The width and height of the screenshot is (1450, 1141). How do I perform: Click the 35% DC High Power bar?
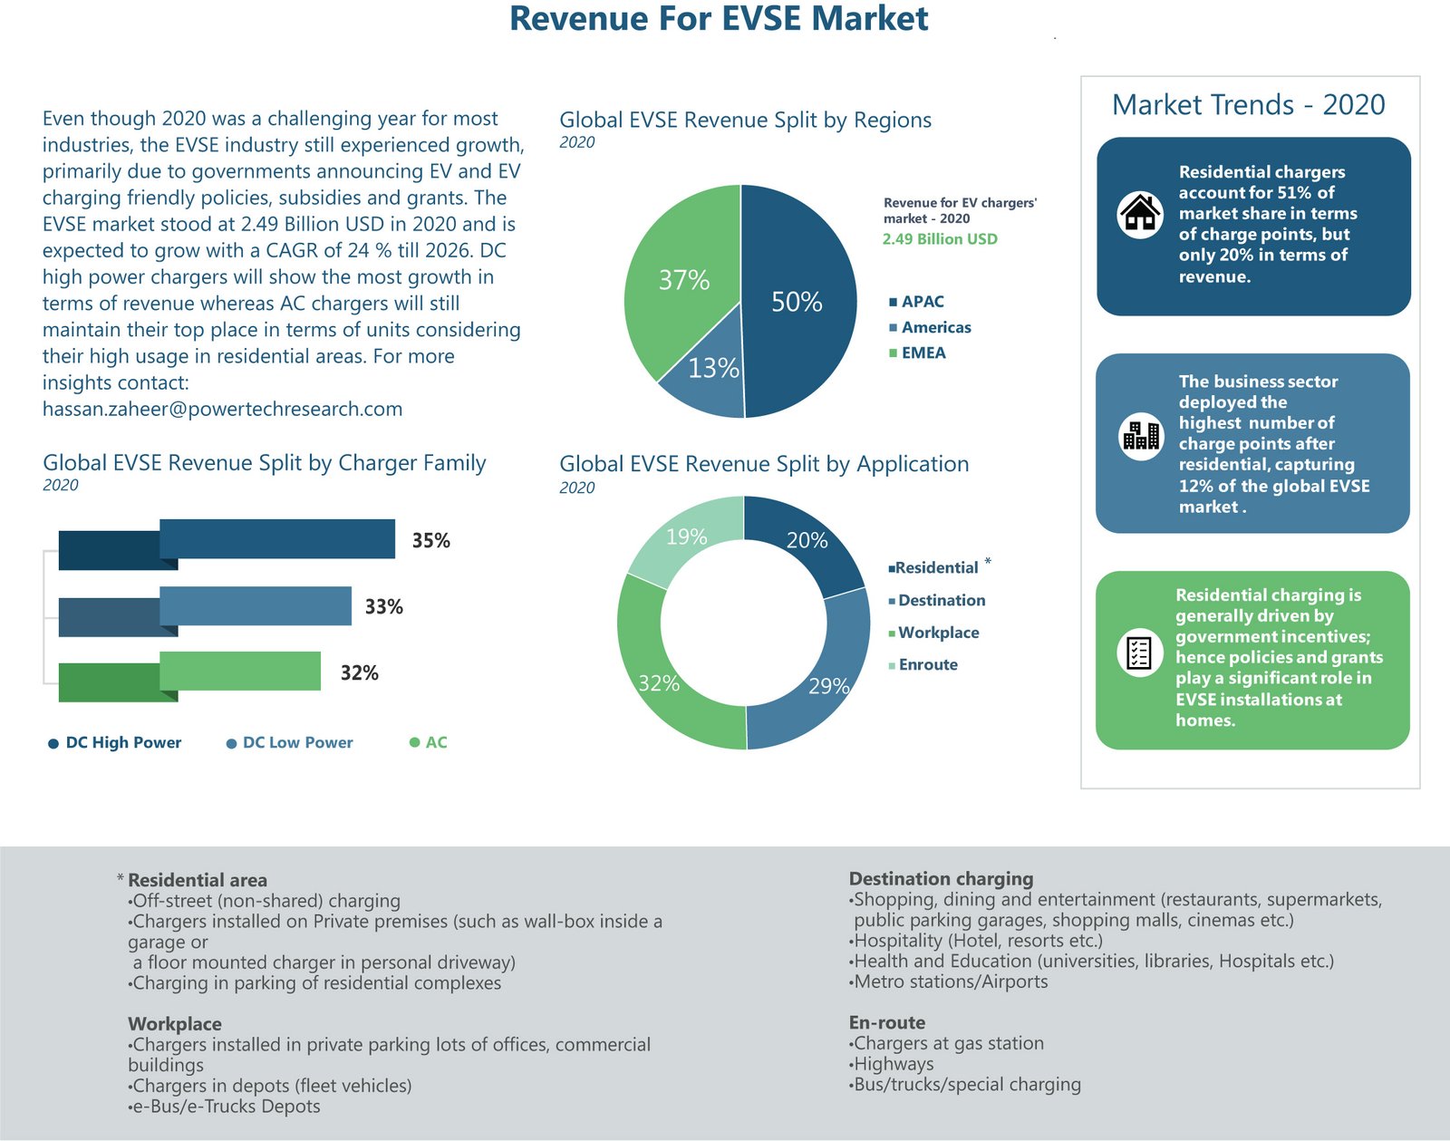pos(277,538)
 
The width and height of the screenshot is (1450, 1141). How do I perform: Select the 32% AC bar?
pos(240,671)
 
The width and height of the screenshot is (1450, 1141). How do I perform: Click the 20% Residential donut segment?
pos(803,544)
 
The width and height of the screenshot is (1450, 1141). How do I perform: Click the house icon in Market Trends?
pos(1140,215)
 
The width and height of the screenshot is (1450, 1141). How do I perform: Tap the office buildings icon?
pos(1141,436)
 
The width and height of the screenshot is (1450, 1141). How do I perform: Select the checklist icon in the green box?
pos(1139,653)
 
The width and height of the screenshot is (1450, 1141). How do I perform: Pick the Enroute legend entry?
pos(927,664)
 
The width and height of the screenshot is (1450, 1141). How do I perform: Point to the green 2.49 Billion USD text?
pos(940,239)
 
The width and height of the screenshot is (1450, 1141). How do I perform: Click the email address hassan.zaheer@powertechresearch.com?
pos(222,409)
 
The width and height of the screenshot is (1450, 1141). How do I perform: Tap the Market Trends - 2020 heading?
pos(1248,105)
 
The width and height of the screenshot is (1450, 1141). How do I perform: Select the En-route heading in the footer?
pos(887,1022)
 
